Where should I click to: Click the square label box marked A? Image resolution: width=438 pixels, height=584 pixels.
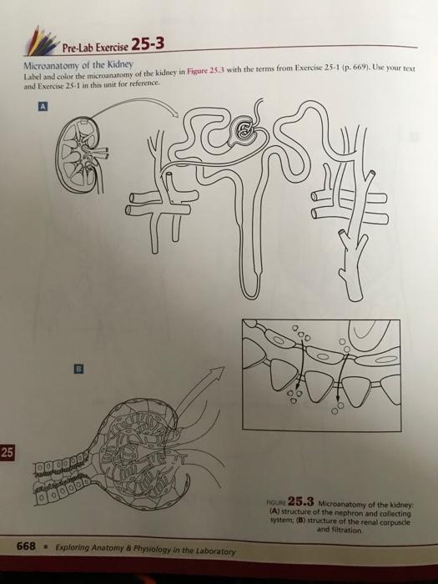43,107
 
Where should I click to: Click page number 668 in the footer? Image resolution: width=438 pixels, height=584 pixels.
27,546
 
